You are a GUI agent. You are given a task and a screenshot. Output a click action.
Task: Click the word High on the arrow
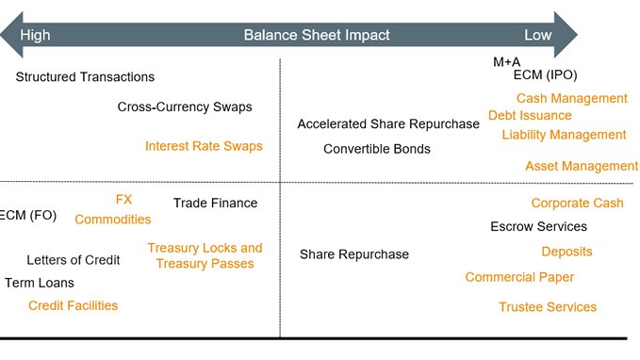click(35, 35)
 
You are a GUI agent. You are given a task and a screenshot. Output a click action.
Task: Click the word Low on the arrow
click(538, 35)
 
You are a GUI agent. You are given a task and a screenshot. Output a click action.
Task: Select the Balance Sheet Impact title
click(317, 35)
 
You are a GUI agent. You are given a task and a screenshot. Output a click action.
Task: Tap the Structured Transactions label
click(85, 76)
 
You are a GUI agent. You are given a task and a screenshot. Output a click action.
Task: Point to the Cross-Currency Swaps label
click(185, 106)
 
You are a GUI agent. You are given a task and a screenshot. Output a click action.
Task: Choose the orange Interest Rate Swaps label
click(204, 146)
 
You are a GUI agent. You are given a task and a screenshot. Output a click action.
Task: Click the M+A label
click(506, 61)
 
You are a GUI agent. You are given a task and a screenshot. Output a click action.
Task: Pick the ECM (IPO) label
click(539, 75)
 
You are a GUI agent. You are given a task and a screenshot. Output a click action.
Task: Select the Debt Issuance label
click(530, 115)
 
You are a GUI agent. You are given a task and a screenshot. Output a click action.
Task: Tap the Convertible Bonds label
click(377, 149)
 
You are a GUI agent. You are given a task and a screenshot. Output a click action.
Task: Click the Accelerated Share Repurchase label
click(388, 124)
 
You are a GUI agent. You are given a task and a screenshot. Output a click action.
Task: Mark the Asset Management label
click(582, 166)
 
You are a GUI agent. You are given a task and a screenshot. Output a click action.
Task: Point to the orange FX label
click(123, 200)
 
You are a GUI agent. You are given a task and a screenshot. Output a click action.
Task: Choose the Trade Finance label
click(215, 203)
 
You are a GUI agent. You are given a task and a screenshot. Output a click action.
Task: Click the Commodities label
click(113, 220)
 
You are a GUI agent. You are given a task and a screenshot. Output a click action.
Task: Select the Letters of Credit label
click(74, 260)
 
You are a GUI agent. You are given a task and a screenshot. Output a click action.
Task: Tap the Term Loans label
click(40, 283)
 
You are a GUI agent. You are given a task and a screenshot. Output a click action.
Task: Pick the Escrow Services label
click(539, 226)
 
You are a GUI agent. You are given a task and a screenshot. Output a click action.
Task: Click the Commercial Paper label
click(519, 277)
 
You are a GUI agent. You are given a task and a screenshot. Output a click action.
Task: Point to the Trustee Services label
click(548, 307)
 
